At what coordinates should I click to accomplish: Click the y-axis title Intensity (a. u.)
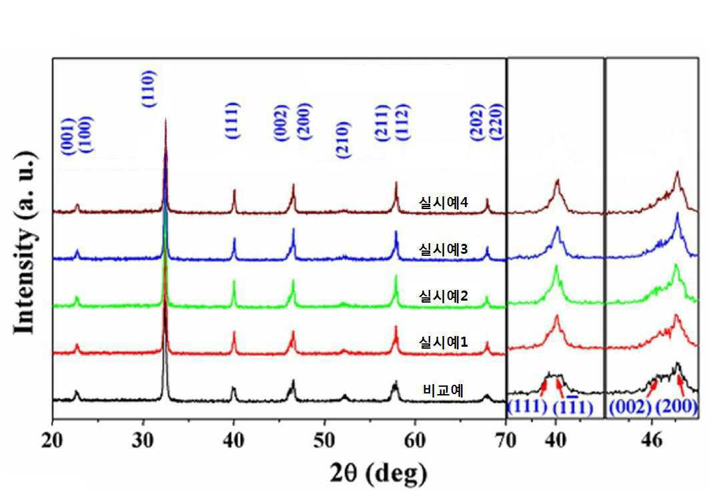[x=25, y=242]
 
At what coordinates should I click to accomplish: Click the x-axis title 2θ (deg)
[x=378, y=473]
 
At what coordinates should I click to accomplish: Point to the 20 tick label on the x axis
[x=53, y=440]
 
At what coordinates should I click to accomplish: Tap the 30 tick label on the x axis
[x=143, y=440]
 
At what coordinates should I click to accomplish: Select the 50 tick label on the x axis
[x=324, y=440]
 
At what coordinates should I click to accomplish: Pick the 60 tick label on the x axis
[x=415, y=440]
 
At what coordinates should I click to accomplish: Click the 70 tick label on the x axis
[x=505, y=440]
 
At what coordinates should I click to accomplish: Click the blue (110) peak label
[x=149, y=89]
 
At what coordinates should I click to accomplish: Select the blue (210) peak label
[x=343, y=140]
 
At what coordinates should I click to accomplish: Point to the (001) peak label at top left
[x=68, y=136]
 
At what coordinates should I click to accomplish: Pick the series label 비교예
[x=443, y=390]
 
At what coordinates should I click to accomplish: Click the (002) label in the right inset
[x=630, y=407]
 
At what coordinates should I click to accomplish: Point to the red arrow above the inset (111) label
[x=543, y=389]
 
